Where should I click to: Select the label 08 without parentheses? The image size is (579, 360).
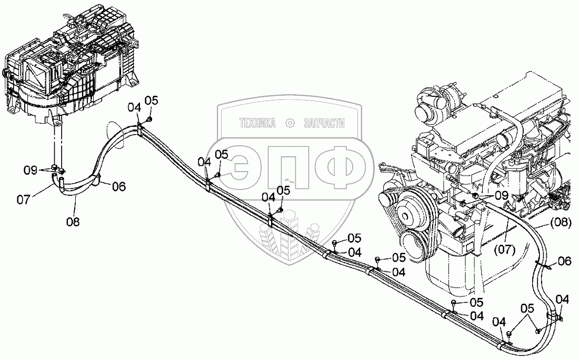[x=73, y=222]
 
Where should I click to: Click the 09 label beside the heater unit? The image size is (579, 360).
[x=30, y=170]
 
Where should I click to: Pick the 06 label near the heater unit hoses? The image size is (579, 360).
[x=118, y=185]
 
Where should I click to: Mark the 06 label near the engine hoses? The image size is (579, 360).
[x=564, y=261]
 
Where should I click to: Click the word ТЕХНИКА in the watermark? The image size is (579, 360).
[x=258, y=124]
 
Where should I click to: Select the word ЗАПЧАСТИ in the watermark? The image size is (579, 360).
[x=324, y=124]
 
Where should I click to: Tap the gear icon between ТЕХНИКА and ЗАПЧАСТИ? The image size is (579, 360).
[x=289, y=124]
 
